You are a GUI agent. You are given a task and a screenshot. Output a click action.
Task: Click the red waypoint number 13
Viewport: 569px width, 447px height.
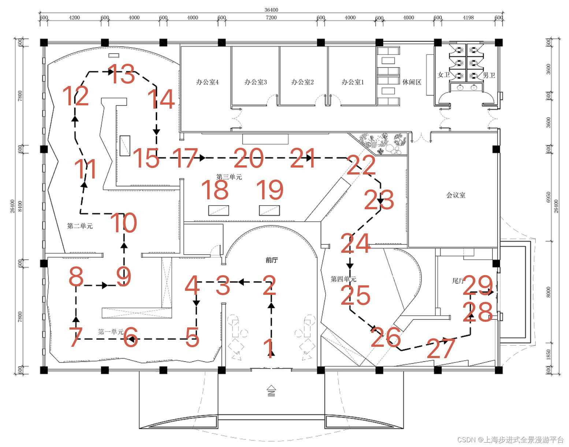pyautogui.click(x=122, y=74)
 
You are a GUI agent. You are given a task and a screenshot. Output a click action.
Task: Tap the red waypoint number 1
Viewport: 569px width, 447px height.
pyautogui.click(x=269, y=348)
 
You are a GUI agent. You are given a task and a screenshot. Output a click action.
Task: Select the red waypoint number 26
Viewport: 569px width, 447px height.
pyautogui.click(x=386, y=337)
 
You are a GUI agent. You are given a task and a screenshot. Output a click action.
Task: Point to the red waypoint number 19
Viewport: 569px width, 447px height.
pyautogui.click(x=270, y=189)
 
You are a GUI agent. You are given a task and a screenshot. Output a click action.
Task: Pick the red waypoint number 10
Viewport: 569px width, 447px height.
pyautogui.click(x=124, y=223)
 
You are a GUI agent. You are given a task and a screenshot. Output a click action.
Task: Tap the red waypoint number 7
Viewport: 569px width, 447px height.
pyautogui.click(x=76, y=337)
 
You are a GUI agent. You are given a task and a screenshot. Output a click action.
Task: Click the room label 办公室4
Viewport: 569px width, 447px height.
pyautogui.click(x=207, y=82)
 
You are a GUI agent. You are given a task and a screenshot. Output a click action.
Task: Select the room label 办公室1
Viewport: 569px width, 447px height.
pyautogui.click(x=353, y=82)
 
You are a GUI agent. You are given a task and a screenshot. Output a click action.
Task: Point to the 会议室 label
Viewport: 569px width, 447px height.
pyautogui.click(x=456, y=195)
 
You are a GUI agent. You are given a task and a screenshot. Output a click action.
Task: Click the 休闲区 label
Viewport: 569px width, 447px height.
pyautogui.click(x=412, y=82)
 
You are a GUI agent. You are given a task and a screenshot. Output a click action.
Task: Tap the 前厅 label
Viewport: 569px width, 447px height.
pyautogui.click(x=272, y=260)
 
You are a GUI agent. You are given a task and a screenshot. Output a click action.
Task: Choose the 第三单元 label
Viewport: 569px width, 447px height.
pyautogui.click(x=229, y=177)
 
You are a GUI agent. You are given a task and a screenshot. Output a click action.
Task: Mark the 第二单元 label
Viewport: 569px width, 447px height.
pyautogui.click(x=80, y=226)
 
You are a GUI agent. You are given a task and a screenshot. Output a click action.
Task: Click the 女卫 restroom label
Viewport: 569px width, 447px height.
pyautogui.click(x=444, y=75)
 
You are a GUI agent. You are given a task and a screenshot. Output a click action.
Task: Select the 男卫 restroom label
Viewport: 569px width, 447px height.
pyautogui.click(x=489, y=75)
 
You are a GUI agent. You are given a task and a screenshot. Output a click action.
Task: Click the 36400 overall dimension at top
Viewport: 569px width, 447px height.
pyautogui.click(x=271, y=10)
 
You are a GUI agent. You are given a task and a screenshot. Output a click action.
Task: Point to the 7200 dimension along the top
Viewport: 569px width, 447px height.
pyautogui.click(x=271, y=18)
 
